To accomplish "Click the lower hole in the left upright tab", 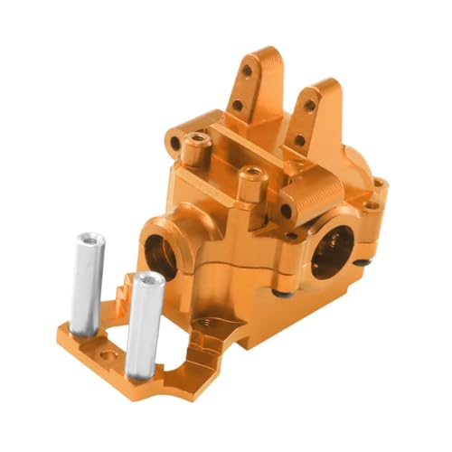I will (237, 105).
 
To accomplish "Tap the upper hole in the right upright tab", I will (309, 106).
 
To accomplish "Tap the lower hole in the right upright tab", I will (298, 141).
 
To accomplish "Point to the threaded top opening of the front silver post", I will (148, 280).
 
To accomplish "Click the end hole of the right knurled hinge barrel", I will (286, 211).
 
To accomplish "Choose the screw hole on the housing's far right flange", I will (380, 184).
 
